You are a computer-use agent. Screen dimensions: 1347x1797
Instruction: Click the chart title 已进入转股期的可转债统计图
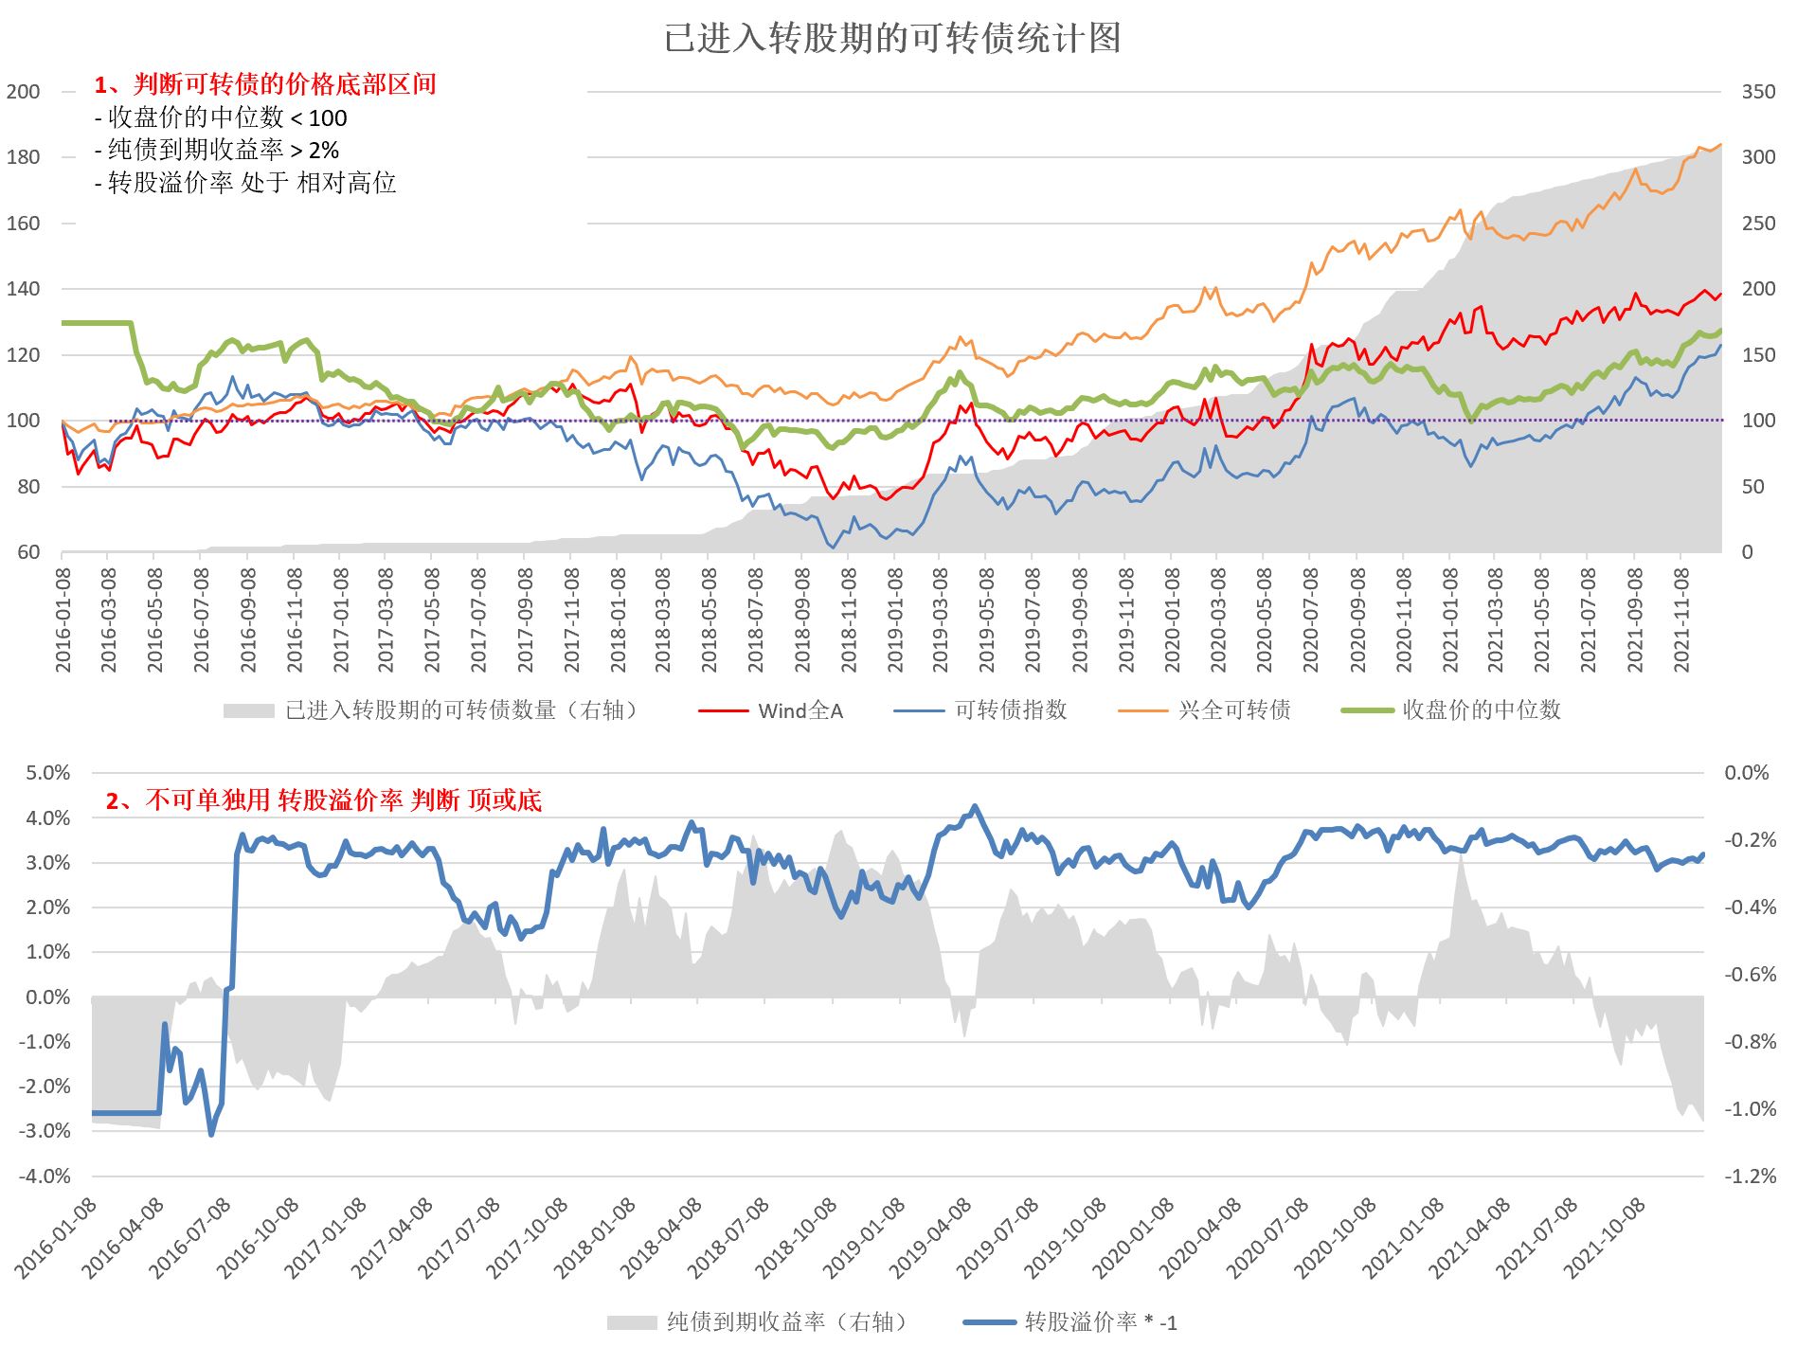click(891, 39)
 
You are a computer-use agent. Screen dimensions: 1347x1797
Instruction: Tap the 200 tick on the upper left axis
click(24, 92)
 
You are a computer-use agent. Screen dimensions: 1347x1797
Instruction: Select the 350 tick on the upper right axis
click(1758, 92)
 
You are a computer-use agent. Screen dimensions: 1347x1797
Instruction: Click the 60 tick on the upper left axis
click(28, 552)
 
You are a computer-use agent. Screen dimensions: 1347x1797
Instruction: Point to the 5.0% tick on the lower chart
click(47, 773)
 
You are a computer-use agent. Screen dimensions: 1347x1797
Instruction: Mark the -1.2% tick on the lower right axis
click(1751, 1176)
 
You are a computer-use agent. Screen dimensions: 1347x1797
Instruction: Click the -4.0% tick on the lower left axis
click(45, 1176)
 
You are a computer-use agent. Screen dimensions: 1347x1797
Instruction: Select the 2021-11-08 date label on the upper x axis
click(1681, 620)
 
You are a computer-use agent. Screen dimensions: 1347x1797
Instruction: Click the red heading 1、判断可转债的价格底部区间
click(265, 84)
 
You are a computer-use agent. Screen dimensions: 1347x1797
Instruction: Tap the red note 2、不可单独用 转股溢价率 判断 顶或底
click(323, 800)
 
